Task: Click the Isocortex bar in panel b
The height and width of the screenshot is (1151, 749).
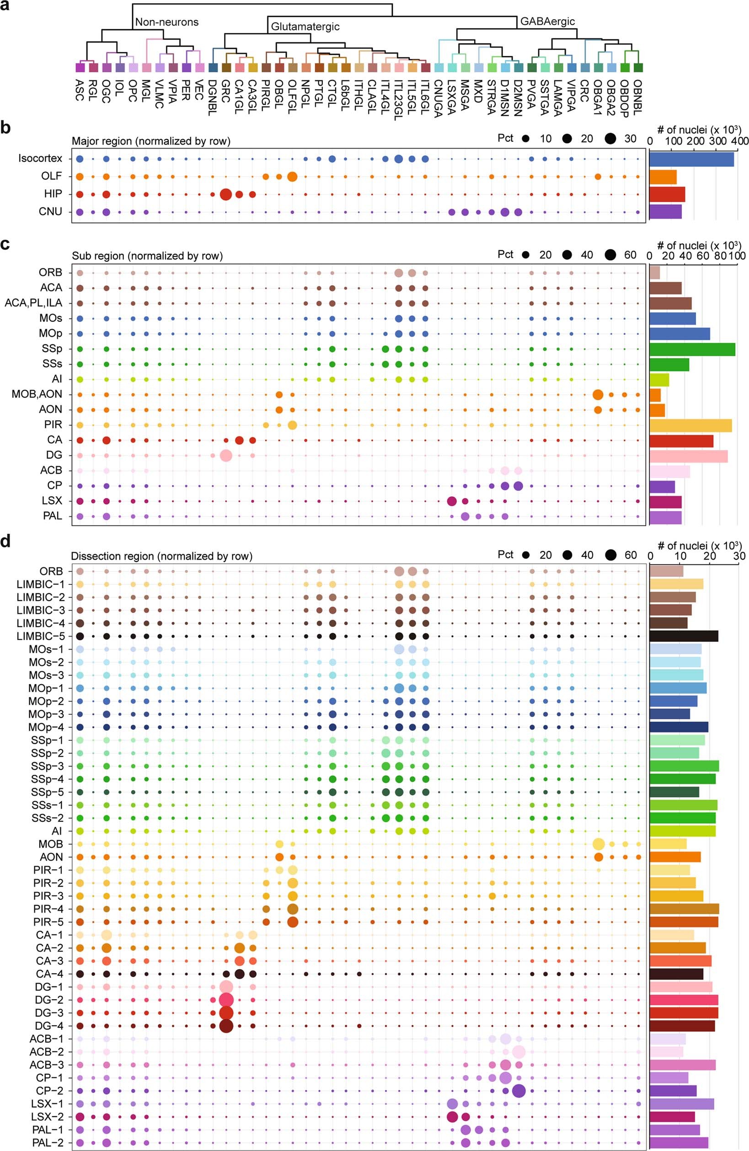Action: [691, 159]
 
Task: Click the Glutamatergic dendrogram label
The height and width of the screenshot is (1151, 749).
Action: [305, 27]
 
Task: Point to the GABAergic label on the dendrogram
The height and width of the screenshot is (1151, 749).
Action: [547, 21]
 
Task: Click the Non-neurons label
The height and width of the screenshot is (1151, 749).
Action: [167, 22]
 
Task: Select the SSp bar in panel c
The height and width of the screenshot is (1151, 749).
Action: [692, 349]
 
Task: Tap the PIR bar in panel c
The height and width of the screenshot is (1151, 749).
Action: [690, 425]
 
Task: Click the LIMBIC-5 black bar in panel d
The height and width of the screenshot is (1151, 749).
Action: [683, 636]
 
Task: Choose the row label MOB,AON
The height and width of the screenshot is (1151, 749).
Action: [37, 394]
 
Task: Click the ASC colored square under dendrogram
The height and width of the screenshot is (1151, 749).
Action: [80, 67]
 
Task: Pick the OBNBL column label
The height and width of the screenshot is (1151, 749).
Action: [638, 97]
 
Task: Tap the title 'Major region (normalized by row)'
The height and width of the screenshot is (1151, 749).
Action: [151, 141]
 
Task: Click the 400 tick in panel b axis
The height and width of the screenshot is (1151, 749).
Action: [738, 140]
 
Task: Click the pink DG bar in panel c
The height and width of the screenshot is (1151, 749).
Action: [688, 455]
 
